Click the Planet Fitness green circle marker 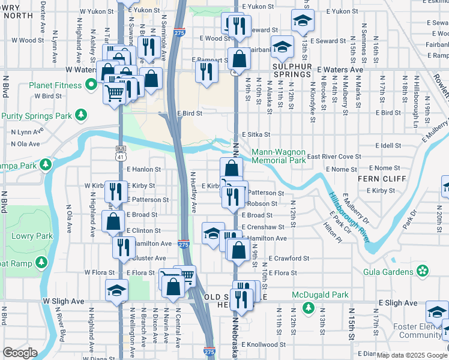click(91, 85)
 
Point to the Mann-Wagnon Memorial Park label click(279, 157)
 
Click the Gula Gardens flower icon click(424, 272)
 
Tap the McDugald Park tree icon click(308, 308)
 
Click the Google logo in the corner click(20, 353)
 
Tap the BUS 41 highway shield click(121, 154)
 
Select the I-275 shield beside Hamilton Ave click(184, 244)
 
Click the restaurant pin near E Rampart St click(206, 71)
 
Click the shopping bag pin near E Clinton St click(114, 221)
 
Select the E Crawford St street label click(289, 258)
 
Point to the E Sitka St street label click(256, 135)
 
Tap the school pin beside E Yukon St click(303, 20)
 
